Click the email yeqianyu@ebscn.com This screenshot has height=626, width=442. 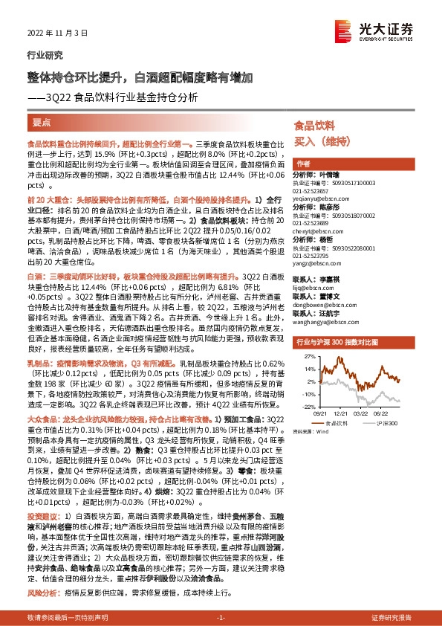point(320,199)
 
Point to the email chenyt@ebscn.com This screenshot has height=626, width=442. point(317,231)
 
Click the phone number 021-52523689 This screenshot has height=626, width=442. point(311,223)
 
